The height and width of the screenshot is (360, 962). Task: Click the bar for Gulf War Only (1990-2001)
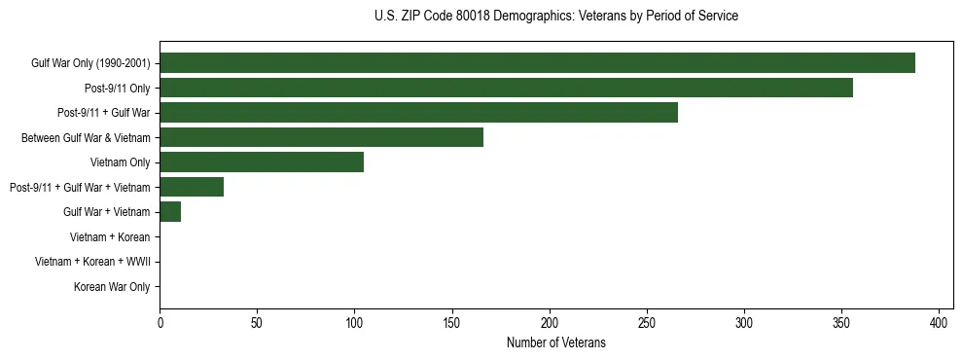[537, 62]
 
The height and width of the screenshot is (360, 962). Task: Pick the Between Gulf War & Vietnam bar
[321, 137]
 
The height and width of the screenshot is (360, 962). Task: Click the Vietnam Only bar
[262, 162]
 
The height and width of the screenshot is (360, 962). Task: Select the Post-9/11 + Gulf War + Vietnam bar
[192, 187]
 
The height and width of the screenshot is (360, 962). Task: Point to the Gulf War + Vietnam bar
[170, 212]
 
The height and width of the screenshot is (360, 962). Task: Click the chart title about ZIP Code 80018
[555, 17]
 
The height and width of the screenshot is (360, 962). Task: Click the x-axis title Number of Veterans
[555, 342]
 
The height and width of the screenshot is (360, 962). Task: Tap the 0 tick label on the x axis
[160, 322]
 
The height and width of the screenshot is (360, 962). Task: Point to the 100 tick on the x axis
[354, 322]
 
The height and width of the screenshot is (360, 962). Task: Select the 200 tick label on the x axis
[550, 322]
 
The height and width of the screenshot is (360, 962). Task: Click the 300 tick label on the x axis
[744, 322]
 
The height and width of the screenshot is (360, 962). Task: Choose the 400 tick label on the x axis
[939, 322]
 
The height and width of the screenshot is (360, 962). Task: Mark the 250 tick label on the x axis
[647, 322]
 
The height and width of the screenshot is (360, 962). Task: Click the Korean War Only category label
[112, 287]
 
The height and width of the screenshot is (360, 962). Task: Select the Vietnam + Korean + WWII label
[92, 262]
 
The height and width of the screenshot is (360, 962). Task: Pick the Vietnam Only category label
[120, 162]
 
